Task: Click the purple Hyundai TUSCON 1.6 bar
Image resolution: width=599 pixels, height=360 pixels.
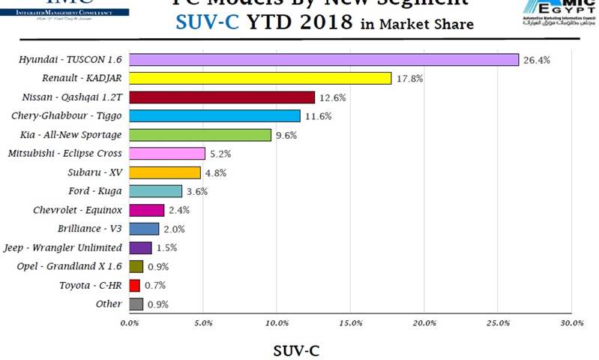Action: tap(324, 59)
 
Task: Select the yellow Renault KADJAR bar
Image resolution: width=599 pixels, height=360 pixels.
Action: tap(260, 78)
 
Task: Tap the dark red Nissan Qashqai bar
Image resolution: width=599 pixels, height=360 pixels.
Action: tap(222, 97)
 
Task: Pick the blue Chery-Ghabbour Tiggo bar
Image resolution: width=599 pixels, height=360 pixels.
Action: tap(214, 115)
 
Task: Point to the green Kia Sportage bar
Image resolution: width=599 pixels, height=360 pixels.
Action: tap(200, 135)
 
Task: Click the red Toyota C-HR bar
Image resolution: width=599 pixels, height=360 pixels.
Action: tap(135, 285)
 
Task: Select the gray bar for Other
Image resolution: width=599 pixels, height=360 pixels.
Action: tap(136, 304)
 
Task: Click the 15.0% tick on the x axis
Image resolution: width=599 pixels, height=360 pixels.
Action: tap(350, 323)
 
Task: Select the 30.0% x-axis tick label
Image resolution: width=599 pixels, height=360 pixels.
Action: tap(571, 323)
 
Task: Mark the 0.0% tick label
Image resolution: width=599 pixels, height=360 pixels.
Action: tap(130, 323)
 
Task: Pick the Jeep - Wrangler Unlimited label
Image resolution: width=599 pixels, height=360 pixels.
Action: tap(73, 247)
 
